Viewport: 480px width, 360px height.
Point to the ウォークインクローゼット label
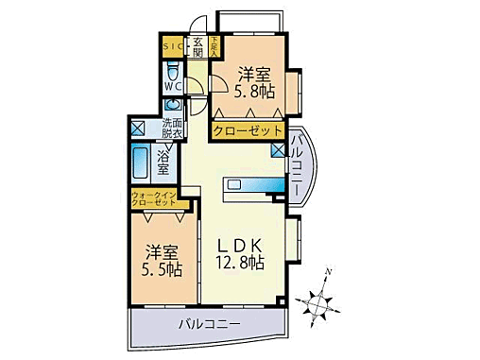pos(153,199)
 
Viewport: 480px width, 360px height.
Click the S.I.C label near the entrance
pos(173,44)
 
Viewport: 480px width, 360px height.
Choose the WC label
pos(172,86)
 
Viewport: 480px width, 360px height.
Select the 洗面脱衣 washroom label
pos(172,129)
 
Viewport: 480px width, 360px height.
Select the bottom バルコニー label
pos(210,327)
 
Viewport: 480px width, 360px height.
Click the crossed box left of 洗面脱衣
pos(138,129)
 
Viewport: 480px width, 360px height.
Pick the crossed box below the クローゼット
pos(277,149)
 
